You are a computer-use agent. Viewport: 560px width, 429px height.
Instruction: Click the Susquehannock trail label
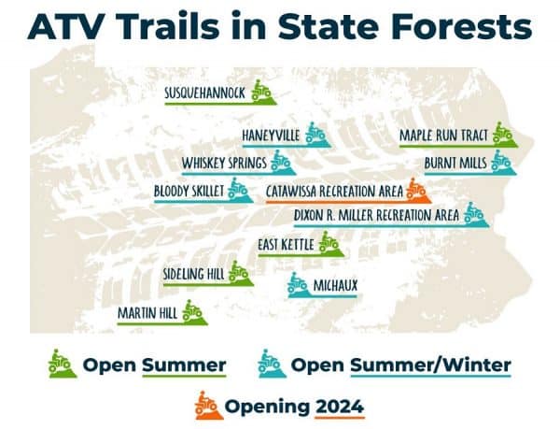coord(205,93)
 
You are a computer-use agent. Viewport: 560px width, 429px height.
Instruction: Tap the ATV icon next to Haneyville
coord(315,136)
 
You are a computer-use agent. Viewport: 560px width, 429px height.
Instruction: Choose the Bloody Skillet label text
coord(189,192)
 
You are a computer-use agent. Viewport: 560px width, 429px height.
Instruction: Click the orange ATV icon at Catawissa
coord(416,191)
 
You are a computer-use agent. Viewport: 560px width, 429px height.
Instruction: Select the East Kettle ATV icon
coord(328,244)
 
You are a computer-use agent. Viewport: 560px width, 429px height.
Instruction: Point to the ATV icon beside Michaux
coord(298,283)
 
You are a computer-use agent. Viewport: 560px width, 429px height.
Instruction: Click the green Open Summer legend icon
coord(63,362)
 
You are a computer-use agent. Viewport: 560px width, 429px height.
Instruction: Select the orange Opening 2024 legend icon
coord(204,406)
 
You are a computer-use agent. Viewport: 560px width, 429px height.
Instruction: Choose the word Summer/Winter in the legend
coord(430,363)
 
